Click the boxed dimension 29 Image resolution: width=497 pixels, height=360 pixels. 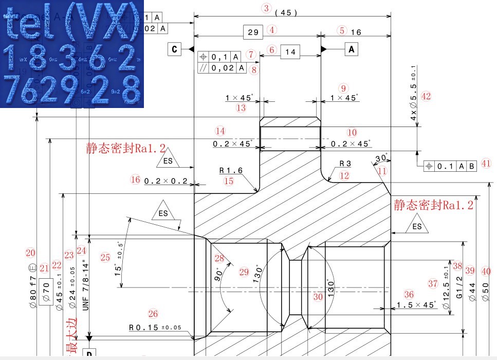pos(253,32)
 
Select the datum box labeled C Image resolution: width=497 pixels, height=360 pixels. pos(174,49)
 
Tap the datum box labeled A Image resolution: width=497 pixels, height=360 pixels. pos(352,49)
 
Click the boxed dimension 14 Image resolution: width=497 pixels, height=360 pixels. pos(290,52)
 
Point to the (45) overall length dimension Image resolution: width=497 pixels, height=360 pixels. pos(286,13)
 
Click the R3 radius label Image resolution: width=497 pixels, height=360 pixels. pos(344,164)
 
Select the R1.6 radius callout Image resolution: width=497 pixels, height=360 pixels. pos(230,170)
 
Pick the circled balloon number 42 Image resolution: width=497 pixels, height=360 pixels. pos(425,96)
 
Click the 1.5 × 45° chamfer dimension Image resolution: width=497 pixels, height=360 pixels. pos(415,305)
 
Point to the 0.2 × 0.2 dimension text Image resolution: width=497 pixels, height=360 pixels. pos(165,182)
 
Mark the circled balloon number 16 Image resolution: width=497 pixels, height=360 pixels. pos(135,179)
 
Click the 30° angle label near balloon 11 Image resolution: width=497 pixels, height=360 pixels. pos(381,158)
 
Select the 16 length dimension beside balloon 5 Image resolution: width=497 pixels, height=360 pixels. pos(356,32)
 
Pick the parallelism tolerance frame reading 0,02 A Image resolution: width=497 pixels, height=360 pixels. pos(223,68)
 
